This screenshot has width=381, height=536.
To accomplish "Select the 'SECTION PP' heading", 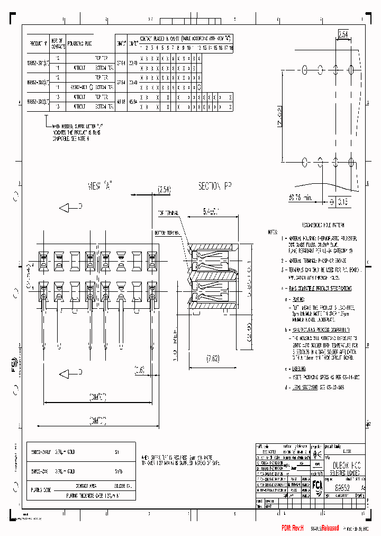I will pyautogui.click(x=215, y=186).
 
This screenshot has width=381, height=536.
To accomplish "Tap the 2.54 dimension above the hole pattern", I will pyautogui.click(x=344, y=35).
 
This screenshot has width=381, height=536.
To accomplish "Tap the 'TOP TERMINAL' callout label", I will pyautogui.click(x=168, y=213).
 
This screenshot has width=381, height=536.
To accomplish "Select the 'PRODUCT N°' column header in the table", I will pyautogui.click(x=38, y=43).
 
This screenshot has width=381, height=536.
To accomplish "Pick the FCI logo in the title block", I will pyautogui.click(x=316, y=486).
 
